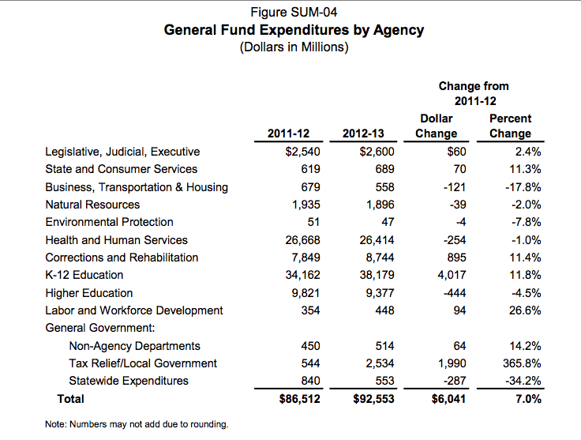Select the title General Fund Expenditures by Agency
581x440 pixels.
294,30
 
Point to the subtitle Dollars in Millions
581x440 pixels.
294,47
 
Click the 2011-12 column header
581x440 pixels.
293,134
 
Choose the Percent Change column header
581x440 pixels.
510,126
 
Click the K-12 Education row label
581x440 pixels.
84,275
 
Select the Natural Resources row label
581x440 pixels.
92,205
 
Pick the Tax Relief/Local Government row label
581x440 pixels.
143,363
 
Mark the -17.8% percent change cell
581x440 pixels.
523,187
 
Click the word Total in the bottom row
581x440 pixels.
70,399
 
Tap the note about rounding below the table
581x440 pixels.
137,425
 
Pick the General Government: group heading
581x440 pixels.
100,328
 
